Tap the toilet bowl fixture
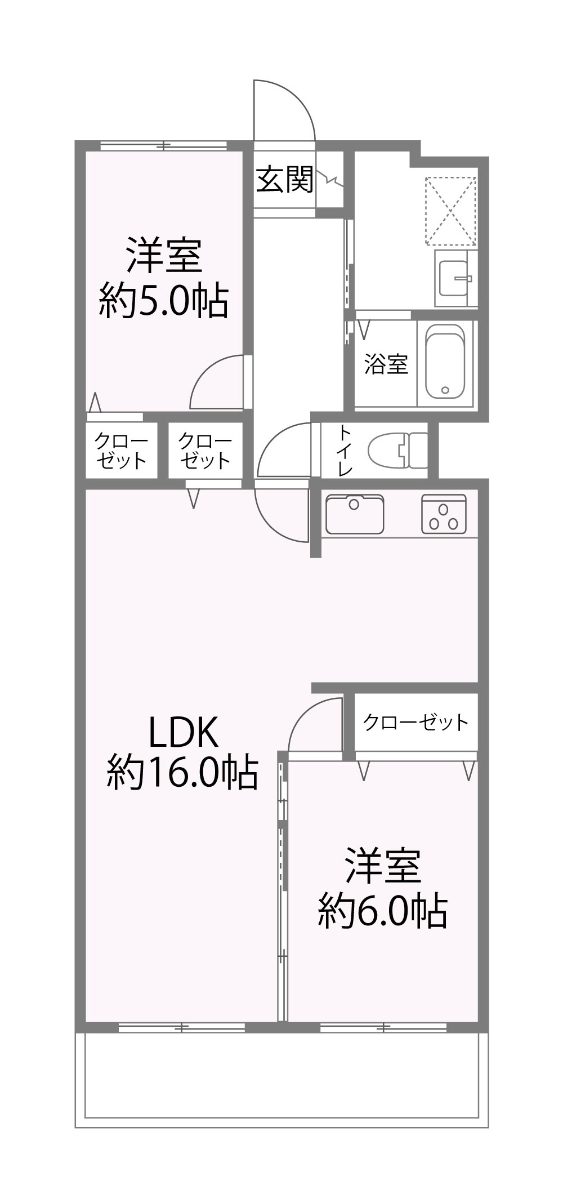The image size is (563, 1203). (x=397, y=451)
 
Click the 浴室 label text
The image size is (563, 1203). (x=386, y=364)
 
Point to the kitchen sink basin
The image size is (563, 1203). (x=354, y=513)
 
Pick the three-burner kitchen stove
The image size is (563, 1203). (x=444, y=514)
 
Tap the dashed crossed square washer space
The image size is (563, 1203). (x=450, y=211)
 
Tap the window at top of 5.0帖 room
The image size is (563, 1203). (x=163, y=146)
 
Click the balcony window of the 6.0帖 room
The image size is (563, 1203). (x=383, y=1027)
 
